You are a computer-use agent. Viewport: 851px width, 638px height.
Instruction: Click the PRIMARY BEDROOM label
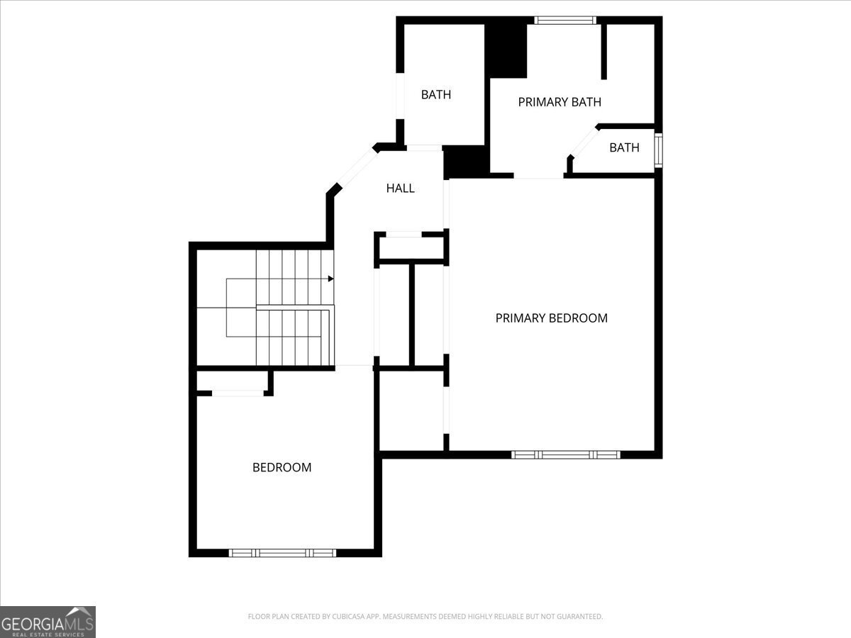click(551, 318)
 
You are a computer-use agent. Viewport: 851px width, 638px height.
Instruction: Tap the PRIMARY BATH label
click(559, 102)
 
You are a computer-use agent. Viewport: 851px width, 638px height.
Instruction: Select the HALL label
click(400, 189)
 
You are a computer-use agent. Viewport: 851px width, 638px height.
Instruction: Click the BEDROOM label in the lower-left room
click(282, 468)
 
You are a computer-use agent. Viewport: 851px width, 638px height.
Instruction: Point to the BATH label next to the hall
click(435, 95)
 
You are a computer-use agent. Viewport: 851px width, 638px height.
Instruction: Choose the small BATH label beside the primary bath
click(624, 148)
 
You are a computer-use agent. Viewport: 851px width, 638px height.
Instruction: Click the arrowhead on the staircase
click(330, 279)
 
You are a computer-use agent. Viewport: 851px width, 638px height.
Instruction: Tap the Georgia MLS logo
click(48, 622)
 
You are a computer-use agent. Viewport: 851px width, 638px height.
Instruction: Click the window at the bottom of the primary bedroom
click(565, 454)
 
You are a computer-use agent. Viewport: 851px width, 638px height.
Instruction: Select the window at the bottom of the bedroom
click(282, 552)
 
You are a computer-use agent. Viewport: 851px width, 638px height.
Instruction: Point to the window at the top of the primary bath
click(564, 21)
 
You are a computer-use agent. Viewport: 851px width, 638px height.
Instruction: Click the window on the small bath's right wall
click(657, 150)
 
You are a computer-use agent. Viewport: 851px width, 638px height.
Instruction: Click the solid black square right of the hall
click(466, 162)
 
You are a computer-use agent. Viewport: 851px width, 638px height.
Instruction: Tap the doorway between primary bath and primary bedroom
click(538, 177)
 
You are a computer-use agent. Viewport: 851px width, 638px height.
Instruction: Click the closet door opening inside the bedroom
click(238, 393)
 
